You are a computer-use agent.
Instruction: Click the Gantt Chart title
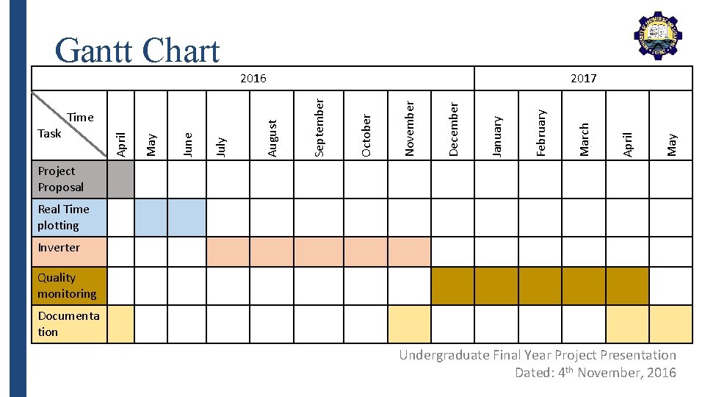pos(137,50)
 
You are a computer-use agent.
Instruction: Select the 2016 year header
pos(254,78)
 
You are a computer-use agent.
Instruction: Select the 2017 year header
pos(584,78)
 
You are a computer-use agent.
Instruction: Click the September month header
pos(319,126)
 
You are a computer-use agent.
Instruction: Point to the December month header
pos(453,129)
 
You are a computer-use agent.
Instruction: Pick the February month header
pos(540,132)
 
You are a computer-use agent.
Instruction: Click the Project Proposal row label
pos(61,179)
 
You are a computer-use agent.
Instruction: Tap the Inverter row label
pos(59,248)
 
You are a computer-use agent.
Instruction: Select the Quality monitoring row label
pos(67,285)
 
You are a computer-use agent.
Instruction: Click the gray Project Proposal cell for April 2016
pos(121,179)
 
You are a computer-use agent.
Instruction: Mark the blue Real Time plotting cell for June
pos(187,217)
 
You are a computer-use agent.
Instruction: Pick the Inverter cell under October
pos(365,251)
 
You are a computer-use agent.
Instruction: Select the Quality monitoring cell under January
pos(496,285)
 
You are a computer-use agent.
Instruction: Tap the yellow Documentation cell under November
pos(409,323)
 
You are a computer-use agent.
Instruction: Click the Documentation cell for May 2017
pos(670,323)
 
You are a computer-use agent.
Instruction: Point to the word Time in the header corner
pos(80,117)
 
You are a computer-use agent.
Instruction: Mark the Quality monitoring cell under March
pos(584,285)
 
